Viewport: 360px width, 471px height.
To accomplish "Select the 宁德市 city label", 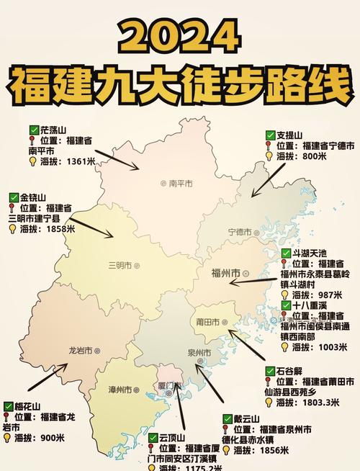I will (240, 232).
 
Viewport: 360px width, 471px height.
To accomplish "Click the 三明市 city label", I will (120, 264).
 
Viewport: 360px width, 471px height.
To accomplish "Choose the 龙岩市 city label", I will (81, 350).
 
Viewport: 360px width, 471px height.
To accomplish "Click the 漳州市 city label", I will (120, 390).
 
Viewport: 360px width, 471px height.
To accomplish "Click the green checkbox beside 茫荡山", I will (34, 130).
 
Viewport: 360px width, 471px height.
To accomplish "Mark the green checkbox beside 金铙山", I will (14, 197).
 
